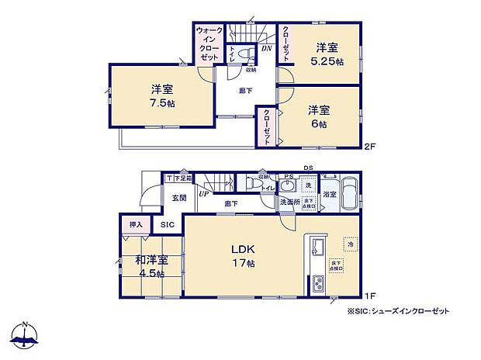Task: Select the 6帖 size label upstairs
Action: tap(320, 124)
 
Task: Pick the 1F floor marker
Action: tap(372, 296)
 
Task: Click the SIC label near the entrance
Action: tap(168, 225)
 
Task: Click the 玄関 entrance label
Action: tap(179, 198)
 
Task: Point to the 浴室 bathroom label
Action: tap(329, 194)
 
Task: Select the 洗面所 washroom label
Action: tap(289, 202)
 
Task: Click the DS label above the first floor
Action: tap(308, 168)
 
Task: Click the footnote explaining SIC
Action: tap(397, 310)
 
